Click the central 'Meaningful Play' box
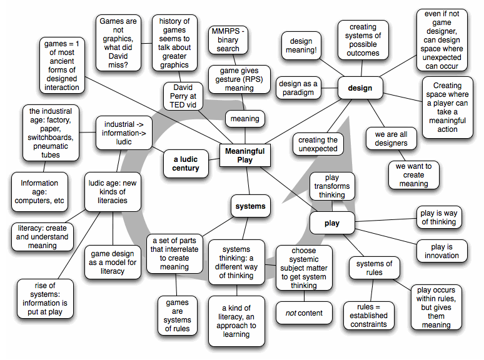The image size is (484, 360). click(x=245, y=156)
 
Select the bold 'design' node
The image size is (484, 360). click(x=360, y=88)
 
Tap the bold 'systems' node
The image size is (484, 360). click(x=250, y=206)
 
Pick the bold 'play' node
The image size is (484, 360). click(x=332, y=223)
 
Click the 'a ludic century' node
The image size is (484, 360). click(x=186, y=163)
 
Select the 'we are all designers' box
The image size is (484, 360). click(x=391, y=138)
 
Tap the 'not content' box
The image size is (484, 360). click(x=305, y=313)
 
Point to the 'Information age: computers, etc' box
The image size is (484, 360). click(x=39, y=192)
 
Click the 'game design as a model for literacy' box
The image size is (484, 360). click(x=113, y=262)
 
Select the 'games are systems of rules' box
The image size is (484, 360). click(x=178, y=316)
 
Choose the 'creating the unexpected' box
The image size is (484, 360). click(x=318, y=144)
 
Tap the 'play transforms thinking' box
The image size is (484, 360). click(x=332, y=186)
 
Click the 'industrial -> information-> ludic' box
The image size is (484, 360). click(x=124, y=132)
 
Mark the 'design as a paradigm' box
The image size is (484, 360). click(x=298, y=88)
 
